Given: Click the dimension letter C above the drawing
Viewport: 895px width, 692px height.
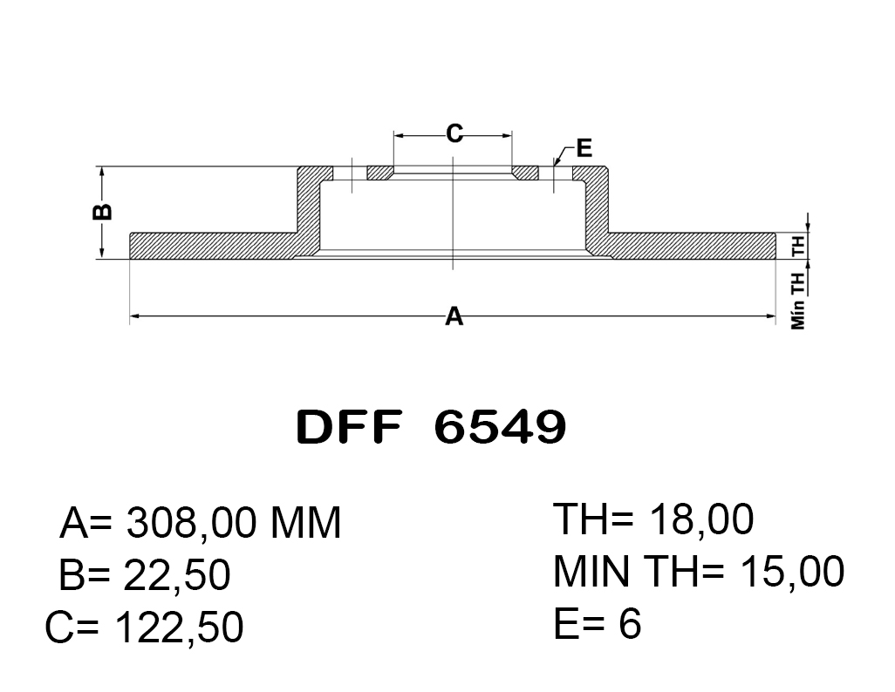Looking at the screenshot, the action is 454,133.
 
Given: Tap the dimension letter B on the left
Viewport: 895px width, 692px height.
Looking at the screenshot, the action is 102,213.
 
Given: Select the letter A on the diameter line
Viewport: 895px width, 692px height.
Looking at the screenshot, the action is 454,315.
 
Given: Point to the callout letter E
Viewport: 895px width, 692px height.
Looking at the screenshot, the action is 584,148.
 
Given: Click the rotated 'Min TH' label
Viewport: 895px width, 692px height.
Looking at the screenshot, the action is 798,301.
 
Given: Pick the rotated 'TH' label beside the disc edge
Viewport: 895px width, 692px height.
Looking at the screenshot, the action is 798,245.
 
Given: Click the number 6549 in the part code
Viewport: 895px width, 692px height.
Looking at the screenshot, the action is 500,427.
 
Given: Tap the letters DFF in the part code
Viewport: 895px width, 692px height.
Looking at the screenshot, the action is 349,427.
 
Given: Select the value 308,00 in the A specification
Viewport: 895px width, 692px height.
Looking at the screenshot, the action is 191,523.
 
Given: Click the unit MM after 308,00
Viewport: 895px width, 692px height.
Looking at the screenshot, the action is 305,523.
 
